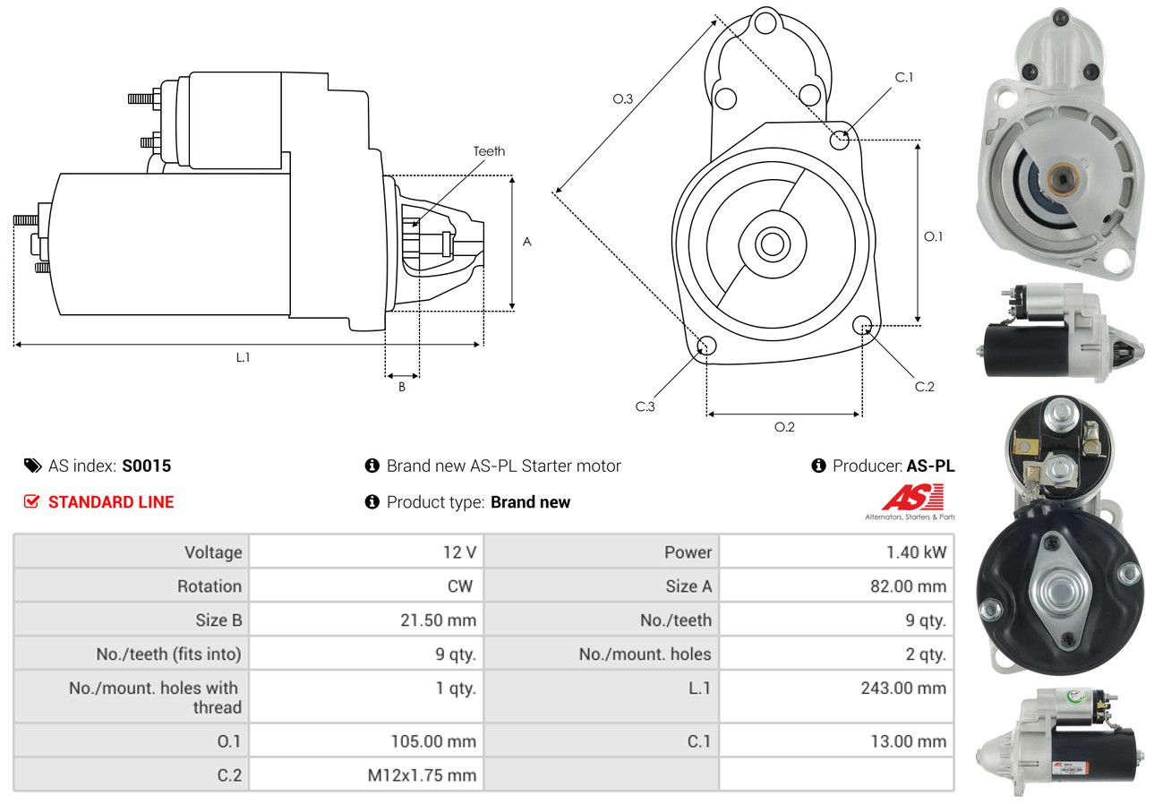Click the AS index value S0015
tap(146, 466)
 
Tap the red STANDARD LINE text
tap(111, 501)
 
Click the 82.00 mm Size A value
tap(909, 586)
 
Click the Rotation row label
tap(209, 586)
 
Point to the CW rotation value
tap(459, 586)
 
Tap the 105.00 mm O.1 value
tap(433, 741)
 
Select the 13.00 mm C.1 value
tap(909, 741)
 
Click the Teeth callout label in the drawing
tap(489, 151)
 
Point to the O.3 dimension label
tap(622, 98)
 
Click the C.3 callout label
tap(645, 406)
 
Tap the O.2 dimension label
tap(784, 427)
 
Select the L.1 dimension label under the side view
tap(243, 357)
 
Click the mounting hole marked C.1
tap(839, 140)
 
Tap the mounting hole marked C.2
tap(862, 326)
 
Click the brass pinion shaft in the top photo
tap(1062, 179)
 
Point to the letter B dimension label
tap(402, 387)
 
